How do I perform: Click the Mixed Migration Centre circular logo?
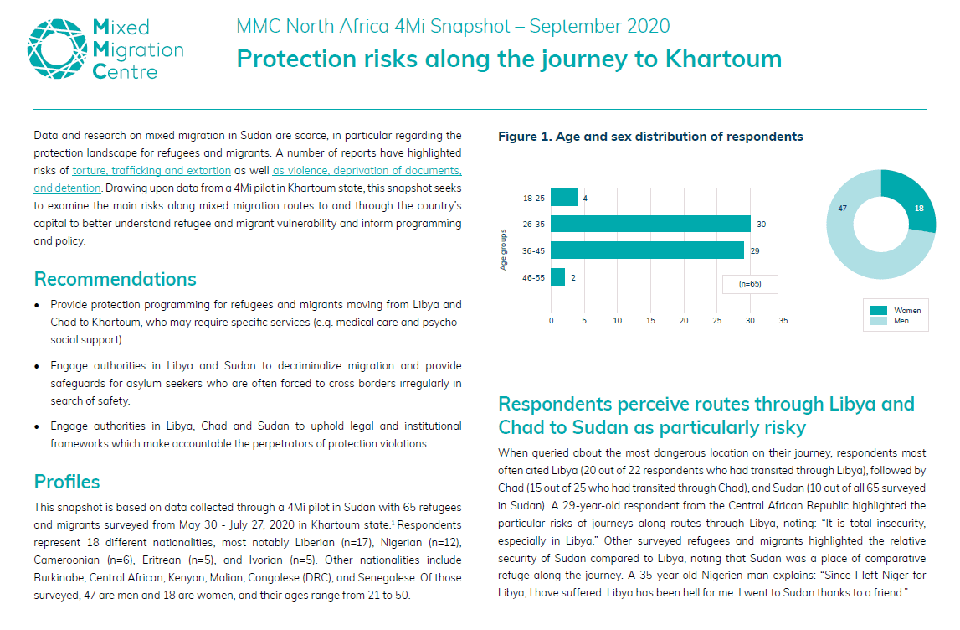[x=57, y=49]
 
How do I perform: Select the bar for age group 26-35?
[x=651, y=224]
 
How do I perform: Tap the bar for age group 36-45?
[x=647, y=250]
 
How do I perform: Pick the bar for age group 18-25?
[x=564, y=198]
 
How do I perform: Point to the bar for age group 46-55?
[x=557, y=277]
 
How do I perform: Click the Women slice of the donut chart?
[x=911, y=199]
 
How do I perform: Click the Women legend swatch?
[x=879, y=310]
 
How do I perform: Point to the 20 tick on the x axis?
[x=684, y=321]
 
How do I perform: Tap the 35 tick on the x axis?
[x=783, y=321]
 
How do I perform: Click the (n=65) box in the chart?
[x=750, y=284]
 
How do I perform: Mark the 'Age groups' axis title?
[x=503, y=250]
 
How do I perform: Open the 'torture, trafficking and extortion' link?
[x=151, y=170]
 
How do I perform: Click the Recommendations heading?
[x=116, y=279]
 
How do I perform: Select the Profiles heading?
[x=67, y=482]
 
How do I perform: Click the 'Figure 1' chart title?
[x=650, y=137]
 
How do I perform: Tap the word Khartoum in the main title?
[x=723, y=59]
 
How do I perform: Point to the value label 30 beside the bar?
[x=761, y=225]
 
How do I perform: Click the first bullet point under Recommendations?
[x=38, y=305]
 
